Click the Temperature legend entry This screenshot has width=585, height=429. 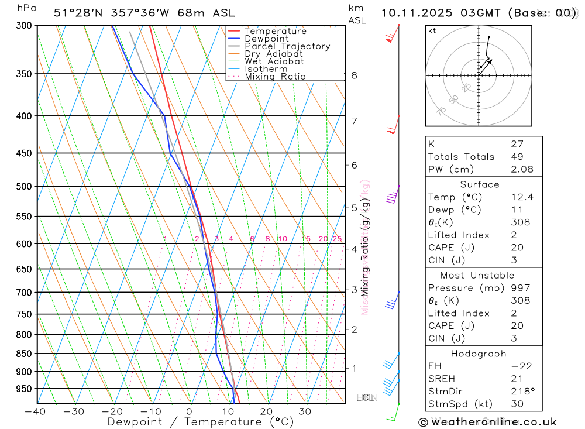[275, 31]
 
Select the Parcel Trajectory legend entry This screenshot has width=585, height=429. [287, 46]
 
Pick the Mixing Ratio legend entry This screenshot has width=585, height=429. [275, 76]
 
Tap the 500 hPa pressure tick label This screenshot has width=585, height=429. [23, 186]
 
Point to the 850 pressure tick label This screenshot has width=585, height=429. [23, 354]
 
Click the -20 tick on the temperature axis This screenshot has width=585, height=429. [112, 411]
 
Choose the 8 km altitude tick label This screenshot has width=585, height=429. [354, 75]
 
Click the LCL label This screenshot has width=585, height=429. [364, 397]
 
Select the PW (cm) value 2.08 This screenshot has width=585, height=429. [522, 169]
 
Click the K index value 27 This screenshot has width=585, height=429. [517, 143]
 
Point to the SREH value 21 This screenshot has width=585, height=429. [516, 379]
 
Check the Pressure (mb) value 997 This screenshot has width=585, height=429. [519, 288]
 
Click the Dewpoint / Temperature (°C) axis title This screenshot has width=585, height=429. [201, 421]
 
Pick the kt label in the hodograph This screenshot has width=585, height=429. [432, 30]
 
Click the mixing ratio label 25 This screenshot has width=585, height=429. [337, 239]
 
